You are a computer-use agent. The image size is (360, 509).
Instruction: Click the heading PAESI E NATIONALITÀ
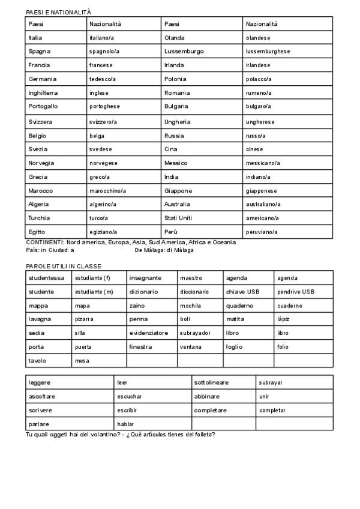(58, 12)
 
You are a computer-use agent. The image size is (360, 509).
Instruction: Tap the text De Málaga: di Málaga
(164, 250)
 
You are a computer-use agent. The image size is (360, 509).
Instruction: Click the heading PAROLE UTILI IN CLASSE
(64, 266)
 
